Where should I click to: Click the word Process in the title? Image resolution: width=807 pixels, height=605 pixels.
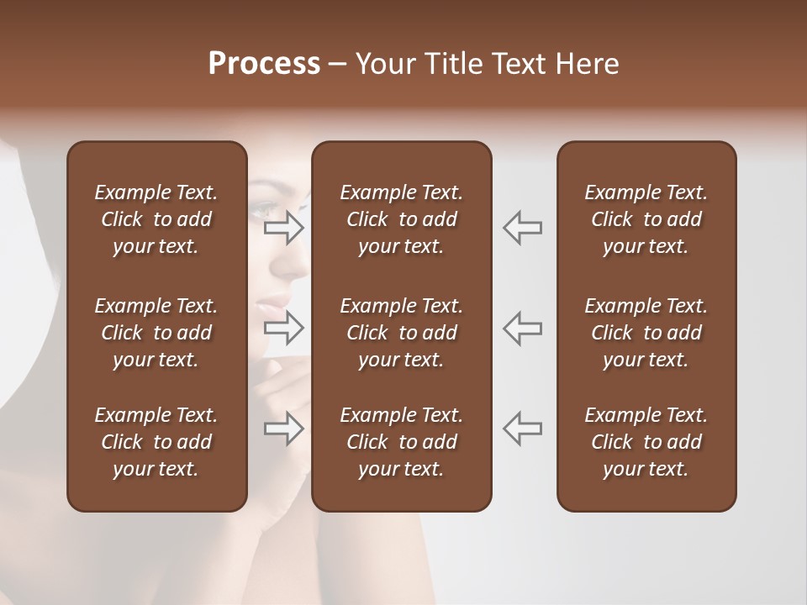(264, 64)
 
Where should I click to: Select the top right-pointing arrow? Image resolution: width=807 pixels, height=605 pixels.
(284, 228)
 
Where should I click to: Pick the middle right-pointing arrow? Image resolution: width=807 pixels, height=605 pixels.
(284, 328)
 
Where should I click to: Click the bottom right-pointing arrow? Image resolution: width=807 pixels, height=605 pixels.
(284, 429)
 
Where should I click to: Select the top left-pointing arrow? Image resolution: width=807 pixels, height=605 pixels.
(523, 228)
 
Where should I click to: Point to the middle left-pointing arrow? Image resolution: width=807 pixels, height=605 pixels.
(523, 328)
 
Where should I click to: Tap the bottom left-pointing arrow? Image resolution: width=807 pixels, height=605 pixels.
(523, 428)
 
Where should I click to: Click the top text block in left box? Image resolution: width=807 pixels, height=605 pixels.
(156, 219)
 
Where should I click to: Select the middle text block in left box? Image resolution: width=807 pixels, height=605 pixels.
(156, 333)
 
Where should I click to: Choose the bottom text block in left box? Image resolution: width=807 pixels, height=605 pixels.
(156, 442)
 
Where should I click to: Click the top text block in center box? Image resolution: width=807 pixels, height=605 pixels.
(401, 219)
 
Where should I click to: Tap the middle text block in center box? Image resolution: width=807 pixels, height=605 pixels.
(401, 333)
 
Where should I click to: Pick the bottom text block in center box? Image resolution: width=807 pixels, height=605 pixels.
(401, 442)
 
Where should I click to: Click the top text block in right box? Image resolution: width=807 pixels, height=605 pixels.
(646, 219)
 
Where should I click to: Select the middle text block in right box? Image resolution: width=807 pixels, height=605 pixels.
(646, 333)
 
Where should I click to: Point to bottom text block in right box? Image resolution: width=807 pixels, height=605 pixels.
(646, 442)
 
